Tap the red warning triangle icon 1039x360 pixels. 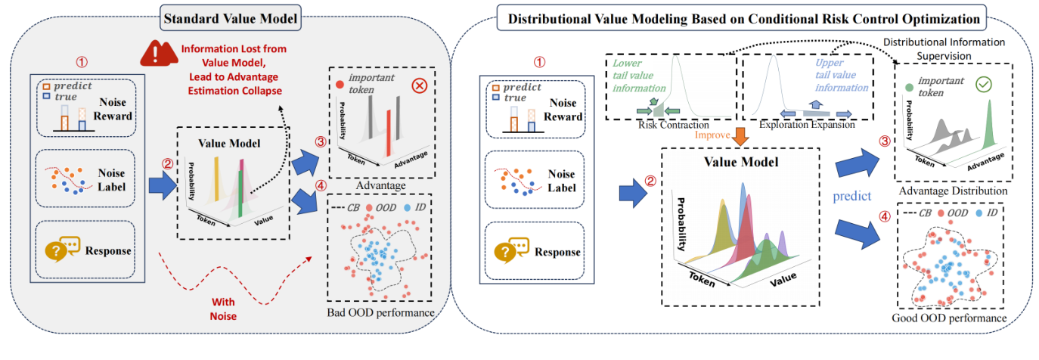[x=154, y=54]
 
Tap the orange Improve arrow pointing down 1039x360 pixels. [x=742, y=136]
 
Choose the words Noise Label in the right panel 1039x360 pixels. [x=554, y=186]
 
